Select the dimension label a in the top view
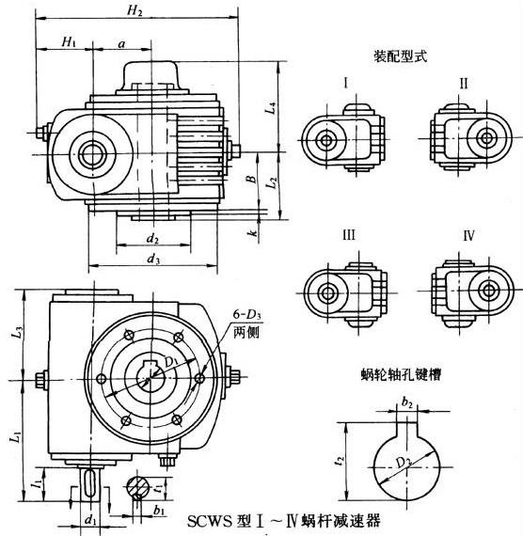(x=123, y=42)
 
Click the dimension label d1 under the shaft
(x=91, y=517)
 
